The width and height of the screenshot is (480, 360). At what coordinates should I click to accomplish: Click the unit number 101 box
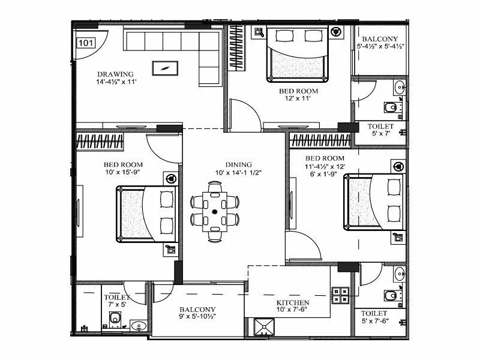pos(86,43)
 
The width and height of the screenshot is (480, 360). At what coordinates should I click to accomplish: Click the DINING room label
pos(238,164)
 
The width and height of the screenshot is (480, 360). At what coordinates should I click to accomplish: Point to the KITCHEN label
pos(292,303)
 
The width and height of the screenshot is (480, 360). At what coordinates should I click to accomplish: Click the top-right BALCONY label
pos(381,38)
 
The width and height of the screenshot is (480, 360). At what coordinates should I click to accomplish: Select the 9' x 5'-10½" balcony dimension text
pos(197,318)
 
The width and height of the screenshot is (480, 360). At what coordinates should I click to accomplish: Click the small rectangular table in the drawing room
pos(164,67)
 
